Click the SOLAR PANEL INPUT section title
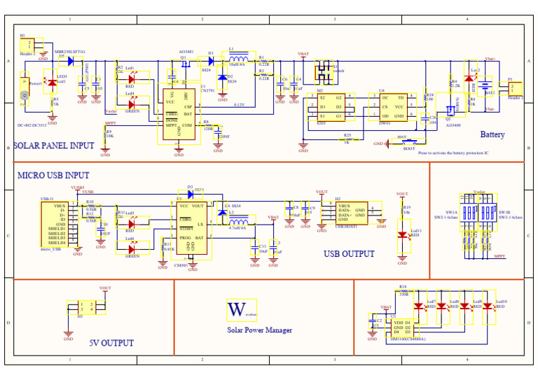[53, 146]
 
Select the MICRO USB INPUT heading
[53, 175]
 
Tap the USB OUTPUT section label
[349, 254]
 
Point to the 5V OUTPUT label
[111, 343]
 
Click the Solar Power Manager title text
[259, 330]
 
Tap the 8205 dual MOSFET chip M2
[329, 107]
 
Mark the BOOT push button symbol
[406, 143]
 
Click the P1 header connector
[515, 89]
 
